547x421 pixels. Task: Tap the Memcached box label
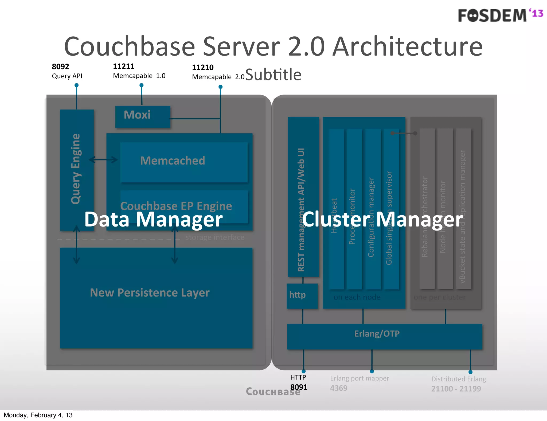[x=173, y=161]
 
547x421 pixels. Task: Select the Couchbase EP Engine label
[x=176, y=206]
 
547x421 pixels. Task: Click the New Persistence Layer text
[x=150, y=293]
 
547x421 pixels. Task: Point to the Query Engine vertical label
[x=76, y=169]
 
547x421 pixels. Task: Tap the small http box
[x=302, y=296]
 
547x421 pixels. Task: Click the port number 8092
[x=60, y=67]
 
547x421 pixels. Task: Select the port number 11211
[x=123, y=66]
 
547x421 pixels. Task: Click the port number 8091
[x=299, y=387]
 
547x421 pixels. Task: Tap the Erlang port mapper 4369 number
[x=338, y=388]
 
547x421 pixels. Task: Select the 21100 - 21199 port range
[x=456, y=389]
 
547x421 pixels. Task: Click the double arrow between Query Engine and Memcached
[x=103, y=160]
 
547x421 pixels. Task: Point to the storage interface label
[x=215, y=237]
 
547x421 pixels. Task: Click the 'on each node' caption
[x=357, y=297]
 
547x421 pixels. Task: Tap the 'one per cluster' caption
[x=439, y=297]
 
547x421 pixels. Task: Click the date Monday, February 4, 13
[x=38, y=415]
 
